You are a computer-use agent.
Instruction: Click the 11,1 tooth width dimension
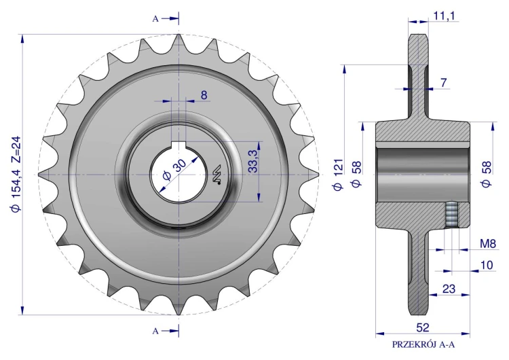coord(444,16)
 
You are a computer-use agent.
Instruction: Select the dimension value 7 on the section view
coord(444,83)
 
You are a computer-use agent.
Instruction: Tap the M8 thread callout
coord(488,243)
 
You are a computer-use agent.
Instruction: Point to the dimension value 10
coord(487,265)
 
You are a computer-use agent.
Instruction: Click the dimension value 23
coord(449,289)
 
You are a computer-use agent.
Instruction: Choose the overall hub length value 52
coord(423,327)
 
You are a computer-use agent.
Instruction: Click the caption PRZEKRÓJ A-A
coord(423,345)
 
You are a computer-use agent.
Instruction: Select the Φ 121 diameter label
coord(338,175)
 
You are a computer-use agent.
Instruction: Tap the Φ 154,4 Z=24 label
coord(16,174)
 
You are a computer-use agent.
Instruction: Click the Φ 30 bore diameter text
coord(174,169)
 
